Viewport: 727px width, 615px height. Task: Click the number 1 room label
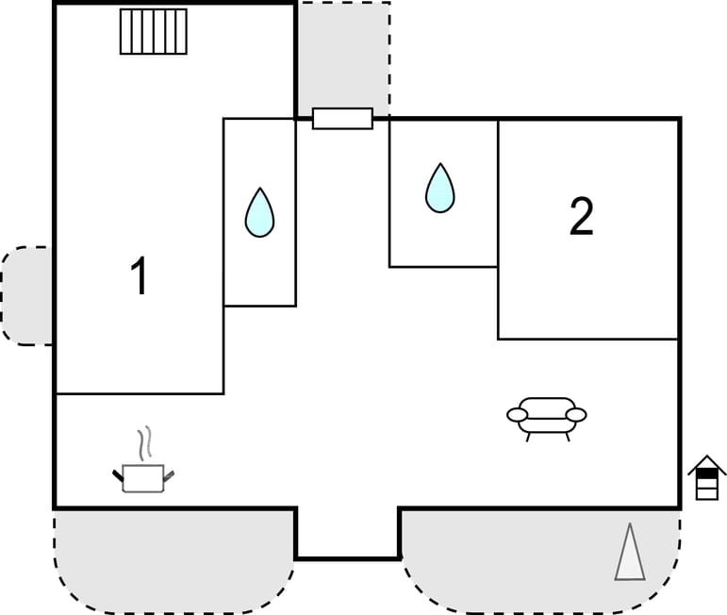[140, 277]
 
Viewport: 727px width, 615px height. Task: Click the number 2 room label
[582, 217]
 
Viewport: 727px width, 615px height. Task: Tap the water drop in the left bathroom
[259, 212]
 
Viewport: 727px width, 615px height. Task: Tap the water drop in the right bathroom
[439, 188]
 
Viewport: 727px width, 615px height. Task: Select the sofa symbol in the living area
[547, 416]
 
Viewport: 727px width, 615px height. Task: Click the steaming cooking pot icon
[143, 476]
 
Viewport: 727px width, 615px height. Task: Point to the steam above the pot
[144, 441]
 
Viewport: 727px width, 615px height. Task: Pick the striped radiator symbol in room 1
[154, 31]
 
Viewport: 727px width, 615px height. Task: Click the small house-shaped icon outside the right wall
[706, 477]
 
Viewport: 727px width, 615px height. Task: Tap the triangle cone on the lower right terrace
[630, 553]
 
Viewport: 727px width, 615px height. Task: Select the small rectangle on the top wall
[342, 118]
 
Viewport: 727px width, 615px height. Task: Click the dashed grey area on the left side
[26, 295]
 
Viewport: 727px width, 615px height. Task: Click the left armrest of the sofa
[517, 415]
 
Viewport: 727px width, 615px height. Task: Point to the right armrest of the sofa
[576, 415]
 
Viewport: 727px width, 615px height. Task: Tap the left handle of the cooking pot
[119, 474]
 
